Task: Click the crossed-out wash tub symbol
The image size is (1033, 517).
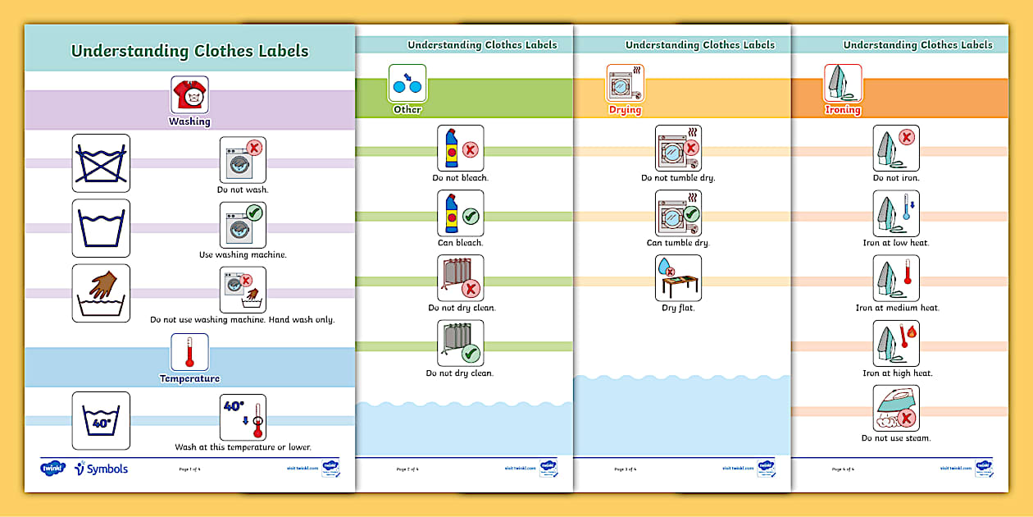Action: coord(101,163)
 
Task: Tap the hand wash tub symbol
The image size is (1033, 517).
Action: coord(101,293)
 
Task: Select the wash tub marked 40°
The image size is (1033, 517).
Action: coord(101,420)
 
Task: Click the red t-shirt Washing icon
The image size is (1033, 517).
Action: coord(189,95)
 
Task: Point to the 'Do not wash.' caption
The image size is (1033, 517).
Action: coord(243,190)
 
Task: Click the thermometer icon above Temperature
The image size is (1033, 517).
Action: coord(189,351)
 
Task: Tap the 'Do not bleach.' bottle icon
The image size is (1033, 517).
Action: coord(460,149)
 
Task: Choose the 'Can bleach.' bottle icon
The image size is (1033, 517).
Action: coord(460,213)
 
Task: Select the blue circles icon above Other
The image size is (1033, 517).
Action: coord(407,83)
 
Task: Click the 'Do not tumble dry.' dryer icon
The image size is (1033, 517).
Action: coord(678,149)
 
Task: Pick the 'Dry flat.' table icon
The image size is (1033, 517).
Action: coord(678,278)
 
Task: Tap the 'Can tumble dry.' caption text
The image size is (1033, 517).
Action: coord(678,243)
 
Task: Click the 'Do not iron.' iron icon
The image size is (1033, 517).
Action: coord(896,149)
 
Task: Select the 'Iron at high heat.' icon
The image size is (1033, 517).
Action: coord(896,343)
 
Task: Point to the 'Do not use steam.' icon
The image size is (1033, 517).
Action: coord(896,408)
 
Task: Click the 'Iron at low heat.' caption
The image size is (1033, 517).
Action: coord(896,243)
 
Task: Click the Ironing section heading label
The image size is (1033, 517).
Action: coord(843,110)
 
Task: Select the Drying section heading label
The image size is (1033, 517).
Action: coord(625,110)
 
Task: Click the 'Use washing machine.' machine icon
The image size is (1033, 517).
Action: coord(243,225)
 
